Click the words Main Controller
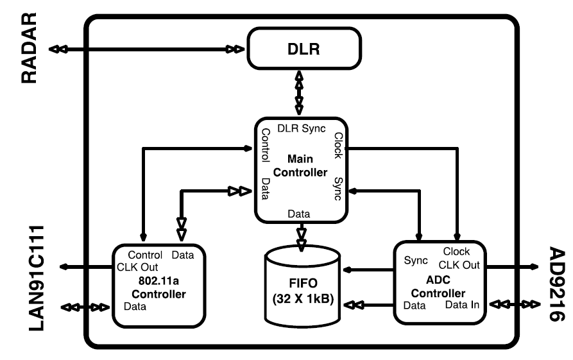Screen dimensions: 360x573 (x=299, y=166)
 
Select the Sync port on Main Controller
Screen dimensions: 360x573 (x=338, y=190)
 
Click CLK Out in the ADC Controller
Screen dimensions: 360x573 (x=459, y=264)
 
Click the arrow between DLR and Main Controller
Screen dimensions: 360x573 (x=299, y=94)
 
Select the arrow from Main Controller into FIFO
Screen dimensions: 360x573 (x=300, y=236)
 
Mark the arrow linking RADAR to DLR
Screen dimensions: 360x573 (x=148, y=49)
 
